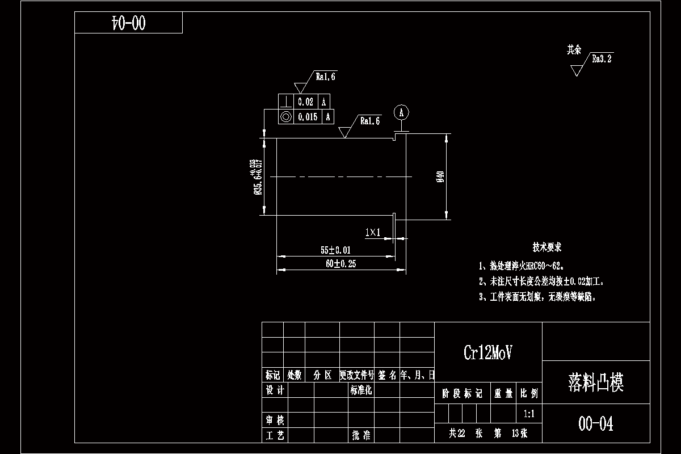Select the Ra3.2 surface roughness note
[x=602, y=58]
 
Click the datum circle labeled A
[x=401, y=112]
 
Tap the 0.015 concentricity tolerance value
[x=308, y=117]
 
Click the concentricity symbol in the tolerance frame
[x=285, y=117]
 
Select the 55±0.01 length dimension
[x=335, y=250]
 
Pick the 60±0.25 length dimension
[x=340, y=264]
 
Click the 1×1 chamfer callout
[x=372, y=232]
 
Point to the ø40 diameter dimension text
[x=440, y=177]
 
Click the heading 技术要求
[x=547, y=248]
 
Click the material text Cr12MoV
[x=488, y=353]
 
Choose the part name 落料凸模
[x=596, y=383]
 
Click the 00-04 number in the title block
[x=596, y=424]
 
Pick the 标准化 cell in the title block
[x=360, y=390]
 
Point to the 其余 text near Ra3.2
[x=574, y=50]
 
